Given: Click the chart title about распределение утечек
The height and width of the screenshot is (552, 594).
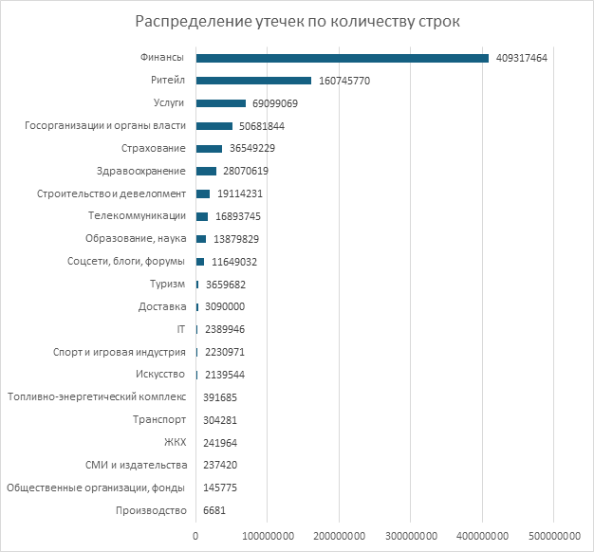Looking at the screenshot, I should tap(296, 22).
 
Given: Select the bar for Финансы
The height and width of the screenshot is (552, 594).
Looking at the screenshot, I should tap(342, 58).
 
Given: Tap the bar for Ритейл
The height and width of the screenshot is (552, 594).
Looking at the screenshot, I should tap(253, 81).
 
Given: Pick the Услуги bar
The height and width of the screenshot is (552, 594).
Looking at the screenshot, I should tap(221, 103).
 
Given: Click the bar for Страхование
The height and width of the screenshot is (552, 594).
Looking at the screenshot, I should tap(209, 148).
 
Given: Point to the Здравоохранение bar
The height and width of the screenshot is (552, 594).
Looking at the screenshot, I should tap(206, 171).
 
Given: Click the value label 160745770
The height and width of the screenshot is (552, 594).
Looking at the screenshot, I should tap(344, 81).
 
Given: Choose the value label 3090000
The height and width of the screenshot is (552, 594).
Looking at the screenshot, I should tap(225, 307).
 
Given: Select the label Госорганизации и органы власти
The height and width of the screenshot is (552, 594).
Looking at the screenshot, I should tap(103, 126).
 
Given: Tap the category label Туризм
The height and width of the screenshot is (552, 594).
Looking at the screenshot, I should tap(167, 285).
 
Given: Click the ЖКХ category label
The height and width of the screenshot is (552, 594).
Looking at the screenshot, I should tap(176, 443).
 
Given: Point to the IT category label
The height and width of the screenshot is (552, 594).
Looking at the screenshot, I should tap(180, 329).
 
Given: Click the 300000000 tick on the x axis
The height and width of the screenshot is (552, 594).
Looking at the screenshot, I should tap(410, 538).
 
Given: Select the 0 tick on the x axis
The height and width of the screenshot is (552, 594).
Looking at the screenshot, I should tap(195, 538).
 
